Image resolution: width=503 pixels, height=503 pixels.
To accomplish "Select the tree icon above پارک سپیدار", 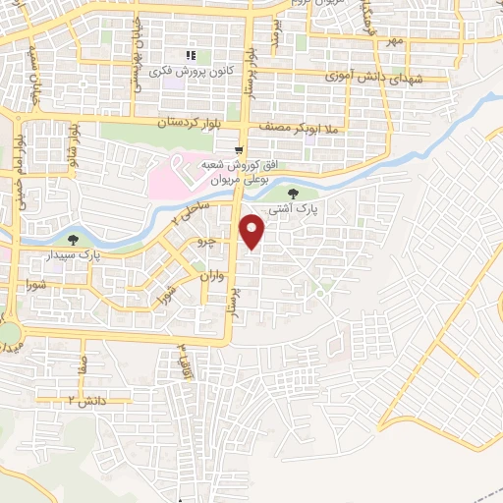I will coord(72,238).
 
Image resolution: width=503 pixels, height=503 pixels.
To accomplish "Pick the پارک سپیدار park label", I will coord(75,254).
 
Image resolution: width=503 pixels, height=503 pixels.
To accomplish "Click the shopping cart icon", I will coord(238,150).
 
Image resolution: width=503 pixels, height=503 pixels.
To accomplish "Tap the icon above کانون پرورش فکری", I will coord(192,55).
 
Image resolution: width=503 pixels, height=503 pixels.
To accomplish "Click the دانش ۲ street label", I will coord(85,400).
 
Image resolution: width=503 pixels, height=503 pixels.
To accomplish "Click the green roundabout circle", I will coord(9,333).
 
